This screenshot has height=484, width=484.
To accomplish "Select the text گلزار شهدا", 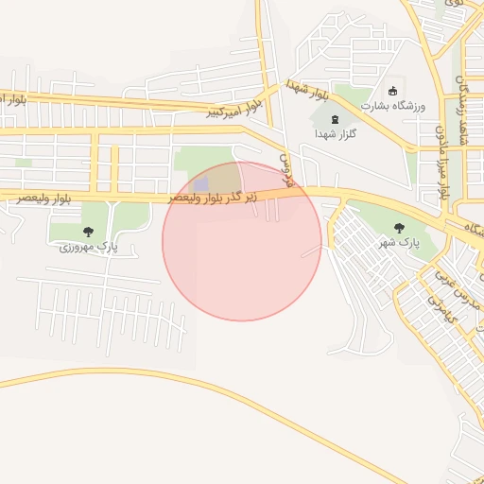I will (x=336, y=134).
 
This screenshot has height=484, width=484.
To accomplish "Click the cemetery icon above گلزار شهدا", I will (x=337, y=118).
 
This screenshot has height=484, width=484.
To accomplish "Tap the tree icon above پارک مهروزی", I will (x=88, y=232).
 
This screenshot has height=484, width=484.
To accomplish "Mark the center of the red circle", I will (x=242, y=241).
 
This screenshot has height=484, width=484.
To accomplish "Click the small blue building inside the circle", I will (x=201, y=183).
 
